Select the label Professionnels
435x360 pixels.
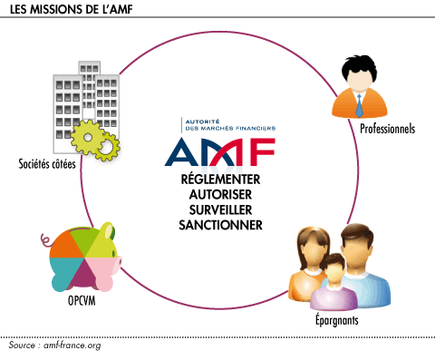click(x=386, y=130)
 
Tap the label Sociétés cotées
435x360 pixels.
click(x=46, y=164)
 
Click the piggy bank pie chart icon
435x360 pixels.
click(x=82, y=254)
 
